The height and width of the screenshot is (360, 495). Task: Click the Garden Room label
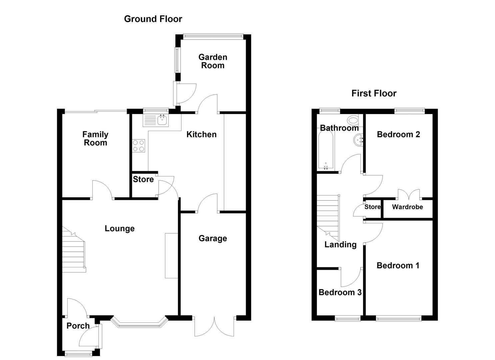(213, 61)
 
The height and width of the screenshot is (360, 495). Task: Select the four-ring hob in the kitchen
(139, 146)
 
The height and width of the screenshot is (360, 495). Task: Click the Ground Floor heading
(153, 19)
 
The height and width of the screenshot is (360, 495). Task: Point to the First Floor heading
(374, 93)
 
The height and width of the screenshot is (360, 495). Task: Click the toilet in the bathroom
(352, 120)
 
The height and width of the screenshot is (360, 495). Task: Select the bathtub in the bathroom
(326, 150)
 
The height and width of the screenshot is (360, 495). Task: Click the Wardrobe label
(407, 207)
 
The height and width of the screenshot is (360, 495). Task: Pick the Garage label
(213, 238)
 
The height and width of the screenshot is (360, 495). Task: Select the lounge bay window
(138, 323)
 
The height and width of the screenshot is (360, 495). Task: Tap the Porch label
(78, 326)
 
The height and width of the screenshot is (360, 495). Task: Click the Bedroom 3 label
(340, 292)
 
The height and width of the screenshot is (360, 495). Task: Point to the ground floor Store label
(143, 179)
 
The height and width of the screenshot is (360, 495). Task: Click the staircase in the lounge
(74, 250)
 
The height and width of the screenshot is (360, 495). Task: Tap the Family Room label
(95, 139)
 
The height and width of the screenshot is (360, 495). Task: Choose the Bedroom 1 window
(398, 319)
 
